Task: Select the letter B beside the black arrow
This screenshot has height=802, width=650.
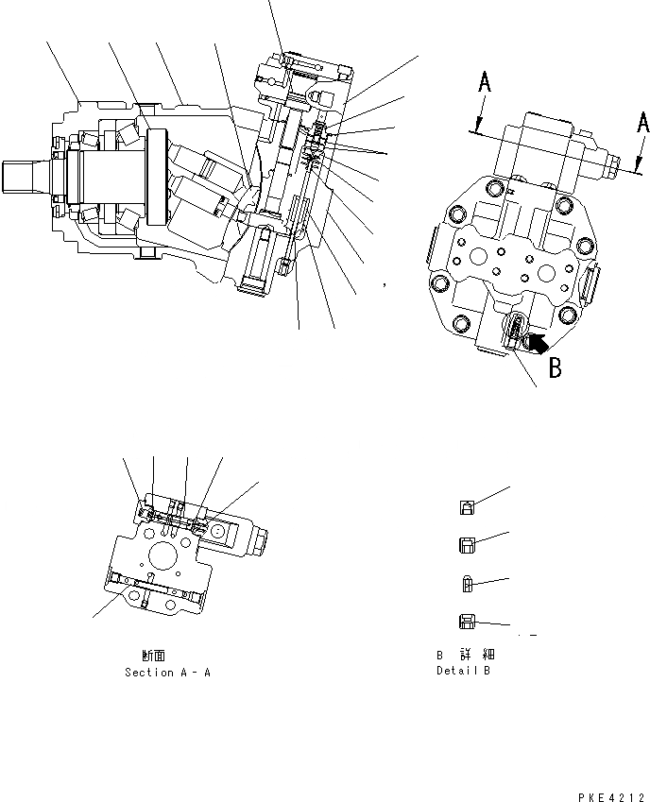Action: pos(556,367)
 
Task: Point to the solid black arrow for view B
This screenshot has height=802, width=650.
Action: pos(536,345)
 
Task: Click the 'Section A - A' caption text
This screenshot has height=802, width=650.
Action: pos(167,673)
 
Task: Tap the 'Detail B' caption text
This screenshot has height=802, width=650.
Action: pos(463,671)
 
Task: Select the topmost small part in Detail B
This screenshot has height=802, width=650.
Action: pos(467,507)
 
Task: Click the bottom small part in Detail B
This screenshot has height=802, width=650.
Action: pos(466,621)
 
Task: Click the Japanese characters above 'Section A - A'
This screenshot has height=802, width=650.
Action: pos(156,655)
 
